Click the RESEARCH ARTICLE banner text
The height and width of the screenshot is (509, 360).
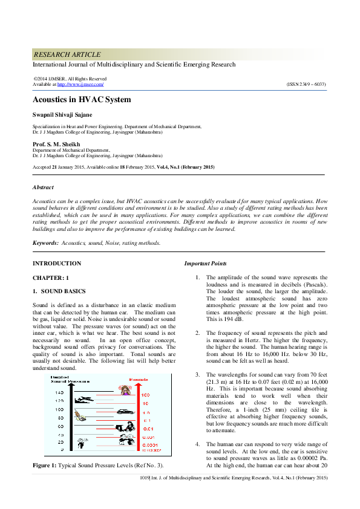[67, 54]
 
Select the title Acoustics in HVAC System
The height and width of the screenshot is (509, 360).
[81, 100]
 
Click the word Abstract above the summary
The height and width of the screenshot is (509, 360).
[43, 187]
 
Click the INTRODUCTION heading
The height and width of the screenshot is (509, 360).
[57, 264]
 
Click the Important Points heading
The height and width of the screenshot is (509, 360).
[206, 264]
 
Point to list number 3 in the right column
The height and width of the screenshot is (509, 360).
[197, 375]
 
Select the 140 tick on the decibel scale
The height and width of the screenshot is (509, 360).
[59, 393]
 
